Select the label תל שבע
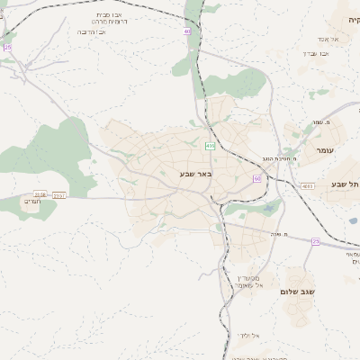pos(346,184)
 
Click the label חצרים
pos(33,202)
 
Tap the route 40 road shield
pos(187,31)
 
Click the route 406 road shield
pos(210,146)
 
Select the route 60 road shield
pos(257,179)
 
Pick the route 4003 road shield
pos(309,186)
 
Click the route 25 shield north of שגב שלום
pos(315,241)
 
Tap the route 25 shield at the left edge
pos(8,47)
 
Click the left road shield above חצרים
pos(39,194)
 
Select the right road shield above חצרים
pos(59,194)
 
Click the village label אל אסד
pos(327,39)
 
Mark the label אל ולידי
pos(248,336)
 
